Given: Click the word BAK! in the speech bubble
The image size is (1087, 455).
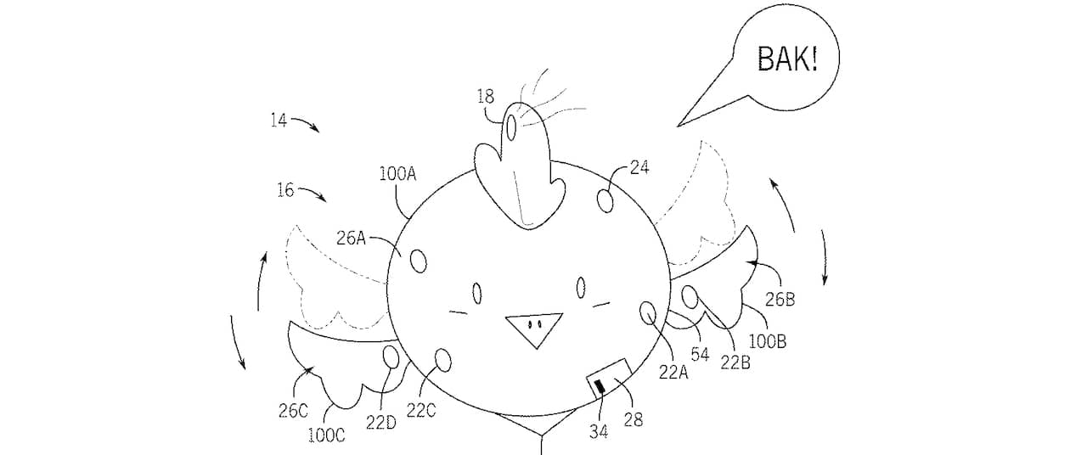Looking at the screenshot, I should click(x=786, y=61).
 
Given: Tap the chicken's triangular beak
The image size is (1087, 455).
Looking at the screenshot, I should click(x=533, y=327).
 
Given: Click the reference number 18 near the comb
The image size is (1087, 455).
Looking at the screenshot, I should click(x=485, y=97).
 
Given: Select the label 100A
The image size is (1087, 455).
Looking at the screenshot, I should click(x=398, y=174).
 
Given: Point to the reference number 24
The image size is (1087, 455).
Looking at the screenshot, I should click(x=639, y=168).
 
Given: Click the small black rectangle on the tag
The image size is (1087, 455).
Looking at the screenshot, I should click(x=600, y=389).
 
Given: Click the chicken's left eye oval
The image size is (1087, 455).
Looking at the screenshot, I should click(x=477, y=294).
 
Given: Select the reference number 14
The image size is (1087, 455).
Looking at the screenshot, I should click(x=279, y=121).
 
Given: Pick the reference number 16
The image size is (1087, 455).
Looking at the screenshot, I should click(x=285, y=190).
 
